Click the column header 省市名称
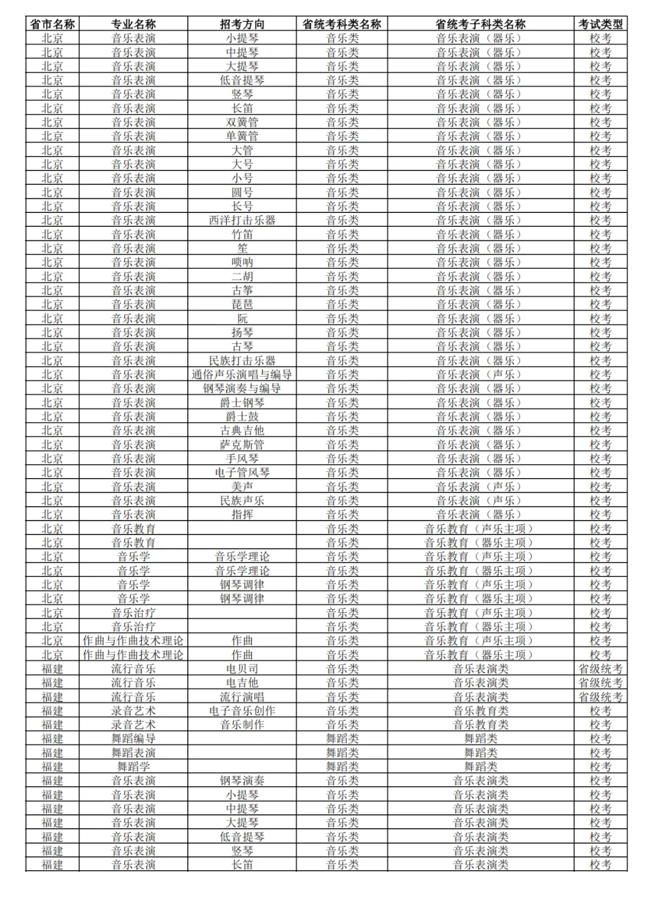[x=52, y=24]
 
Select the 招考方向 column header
[x=242, y=24]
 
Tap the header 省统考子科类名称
[x=480, y=24]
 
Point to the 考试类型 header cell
[x=600, y=24]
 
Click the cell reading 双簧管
[x=242, y=123]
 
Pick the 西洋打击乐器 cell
[x=242, y=220]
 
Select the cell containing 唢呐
[x=242, y=263]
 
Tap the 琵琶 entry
[x=242, y=305]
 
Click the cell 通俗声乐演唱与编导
[x=242, y=375]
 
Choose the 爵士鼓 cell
[x=242, y=417]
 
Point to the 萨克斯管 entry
[x=242, y=445]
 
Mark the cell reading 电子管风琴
[x=242, y=473]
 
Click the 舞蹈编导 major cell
[x=133, y=739]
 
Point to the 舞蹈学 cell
[x=133, y=767]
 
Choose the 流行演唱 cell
[x=242, y=697]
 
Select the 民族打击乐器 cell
[x=242, y=361]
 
